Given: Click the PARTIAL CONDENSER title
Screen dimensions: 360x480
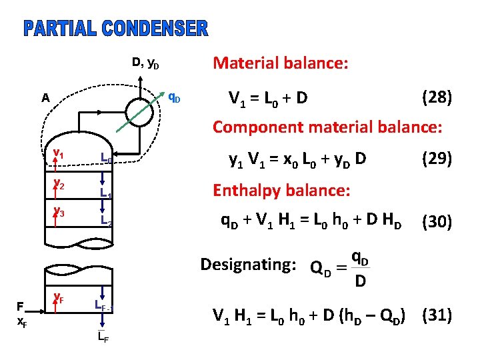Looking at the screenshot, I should [116, 29].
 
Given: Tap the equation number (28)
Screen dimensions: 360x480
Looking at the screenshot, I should [437, 98].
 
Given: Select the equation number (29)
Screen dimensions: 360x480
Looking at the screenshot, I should [437, 159].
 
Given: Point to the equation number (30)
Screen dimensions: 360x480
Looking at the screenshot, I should [437, 222].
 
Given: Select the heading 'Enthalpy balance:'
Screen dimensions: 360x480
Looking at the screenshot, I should [281, 190].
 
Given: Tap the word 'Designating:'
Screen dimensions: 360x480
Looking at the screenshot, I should [248, 265].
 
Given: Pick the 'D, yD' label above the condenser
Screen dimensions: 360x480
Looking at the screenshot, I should [145, 63].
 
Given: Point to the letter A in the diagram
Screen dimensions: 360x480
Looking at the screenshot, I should [45, 98].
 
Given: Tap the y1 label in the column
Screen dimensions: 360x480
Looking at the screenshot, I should [59, 154].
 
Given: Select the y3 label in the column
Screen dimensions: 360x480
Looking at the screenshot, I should [59, 213].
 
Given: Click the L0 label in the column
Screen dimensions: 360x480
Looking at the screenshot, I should [105, 159].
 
